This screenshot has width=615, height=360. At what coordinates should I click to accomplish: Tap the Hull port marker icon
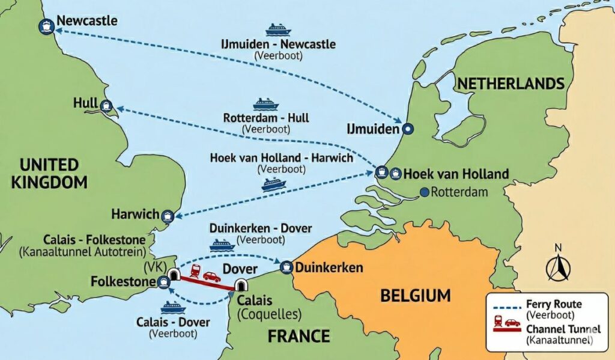[x=106, y=106]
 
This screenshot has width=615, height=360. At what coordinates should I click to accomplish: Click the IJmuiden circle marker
[x=408, y=129]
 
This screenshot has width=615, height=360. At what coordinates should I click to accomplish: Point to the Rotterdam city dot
[x=425, y=192]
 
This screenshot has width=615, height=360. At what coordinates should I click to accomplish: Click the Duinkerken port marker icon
[x=287, y=266]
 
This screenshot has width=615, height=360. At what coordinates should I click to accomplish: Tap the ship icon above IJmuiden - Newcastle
[x=278, y=29]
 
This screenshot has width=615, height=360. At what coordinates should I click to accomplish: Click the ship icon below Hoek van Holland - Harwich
[x=273, y=184]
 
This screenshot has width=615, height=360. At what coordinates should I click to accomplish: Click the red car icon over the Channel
[x=211, y=276]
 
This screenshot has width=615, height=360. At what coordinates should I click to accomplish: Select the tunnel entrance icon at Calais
[x=241, y=284]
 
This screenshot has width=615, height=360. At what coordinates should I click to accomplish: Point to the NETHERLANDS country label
[x=510, y=84]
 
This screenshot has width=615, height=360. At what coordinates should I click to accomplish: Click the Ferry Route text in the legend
[x=553, y=305]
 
